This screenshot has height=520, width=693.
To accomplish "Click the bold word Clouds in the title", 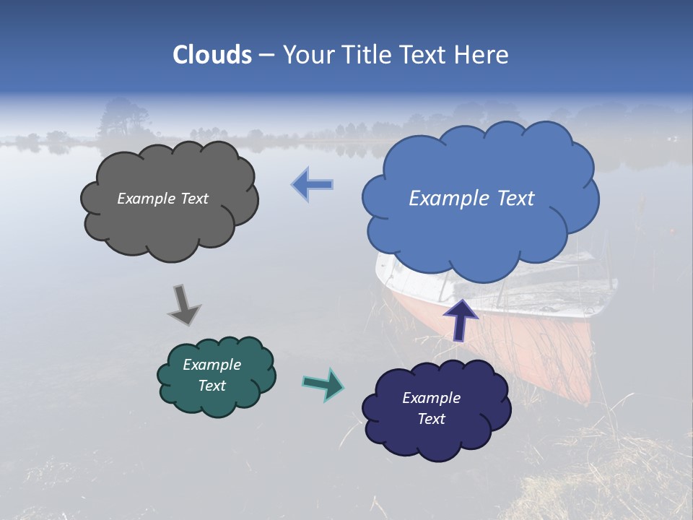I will pos(212,55).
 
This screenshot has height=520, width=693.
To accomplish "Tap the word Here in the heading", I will pos(481,55).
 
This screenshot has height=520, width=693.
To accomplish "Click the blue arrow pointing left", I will pos(312,185).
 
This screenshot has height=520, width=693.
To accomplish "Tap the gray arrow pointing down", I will pos(184,305).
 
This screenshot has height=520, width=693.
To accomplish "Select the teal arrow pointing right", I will pos(323,384).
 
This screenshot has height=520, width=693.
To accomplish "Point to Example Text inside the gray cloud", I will pos(162,199).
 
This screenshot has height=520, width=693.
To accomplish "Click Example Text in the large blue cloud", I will pos(471,199).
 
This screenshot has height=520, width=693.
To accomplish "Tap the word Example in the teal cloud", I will pos(212,365).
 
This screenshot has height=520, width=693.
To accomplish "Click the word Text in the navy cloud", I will pos(431,419).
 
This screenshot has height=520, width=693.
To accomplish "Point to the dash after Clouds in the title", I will pos(266,55).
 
